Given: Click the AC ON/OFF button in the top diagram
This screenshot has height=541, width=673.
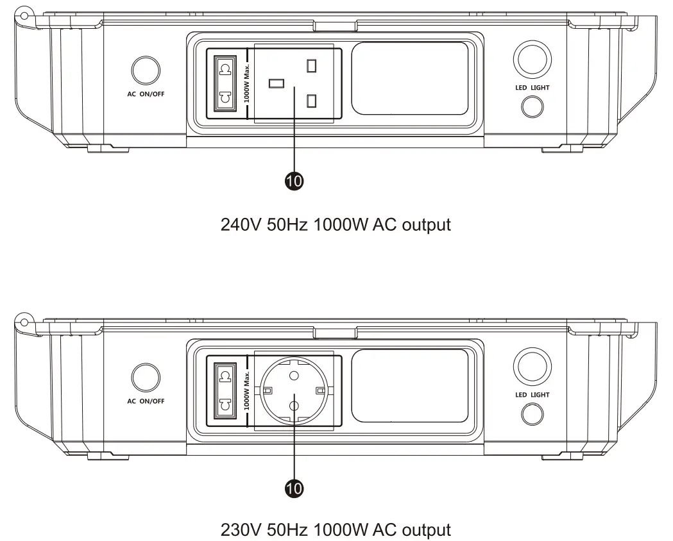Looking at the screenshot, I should (146, 70).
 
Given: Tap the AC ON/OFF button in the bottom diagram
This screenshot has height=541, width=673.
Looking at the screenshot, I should (146, 378).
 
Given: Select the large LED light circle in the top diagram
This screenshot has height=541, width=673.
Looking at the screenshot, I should (532, 60).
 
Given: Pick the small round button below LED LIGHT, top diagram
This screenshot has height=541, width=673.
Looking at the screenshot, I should (532, 106).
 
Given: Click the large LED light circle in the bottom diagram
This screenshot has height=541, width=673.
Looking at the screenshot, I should (532, 367).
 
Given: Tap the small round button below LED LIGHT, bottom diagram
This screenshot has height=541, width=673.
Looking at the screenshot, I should (532, 415).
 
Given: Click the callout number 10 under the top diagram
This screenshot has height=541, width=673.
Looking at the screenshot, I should (294, 181).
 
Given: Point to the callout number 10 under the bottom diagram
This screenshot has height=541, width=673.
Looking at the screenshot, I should (294, 489).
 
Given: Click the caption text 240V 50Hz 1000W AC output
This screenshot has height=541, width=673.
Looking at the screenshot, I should (336, 224).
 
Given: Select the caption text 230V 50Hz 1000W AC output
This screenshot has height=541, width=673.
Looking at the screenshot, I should (336, 530).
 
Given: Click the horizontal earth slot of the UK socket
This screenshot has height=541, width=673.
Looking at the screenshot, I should (277, 83).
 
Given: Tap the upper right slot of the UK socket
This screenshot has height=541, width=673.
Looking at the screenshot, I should (312, 66).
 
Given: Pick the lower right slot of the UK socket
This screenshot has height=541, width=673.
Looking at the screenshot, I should (312, 100).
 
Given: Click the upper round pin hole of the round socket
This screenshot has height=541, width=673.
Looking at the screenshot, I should (294, 376).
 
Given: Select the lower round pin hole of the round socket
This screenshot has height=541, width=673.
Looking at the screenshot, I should (294, 404).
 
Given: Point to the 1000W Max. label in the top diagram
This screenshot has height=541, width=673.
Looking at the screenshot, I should (247, 83).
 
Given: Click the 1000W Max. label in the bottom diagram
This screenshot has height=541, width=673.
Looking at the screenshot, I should (247, 390).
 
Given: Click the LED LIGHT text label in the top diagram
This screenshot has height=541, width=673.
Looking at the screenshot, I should (532, 87).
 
